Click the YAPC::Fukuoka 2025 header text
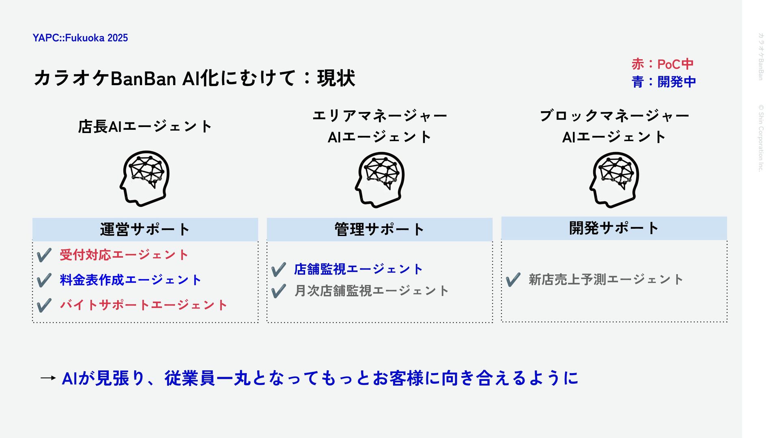(80, 38)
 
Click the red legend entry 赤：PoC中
(663, 64)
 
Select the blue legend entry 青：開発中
(664, 82)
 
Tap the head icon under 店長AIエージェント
(145, 178)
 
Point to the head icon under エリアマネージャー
(380, 180)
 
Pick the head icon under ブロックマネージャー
(614, 180)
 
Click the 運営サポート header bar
(145, 230)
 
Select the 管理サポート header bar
(380, 230)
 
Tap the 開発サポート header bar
(614, 228)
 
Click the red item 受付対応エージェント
(124, 255)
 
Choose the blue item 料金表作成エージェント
(131, 280)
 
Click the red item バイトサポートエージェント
(144, 305)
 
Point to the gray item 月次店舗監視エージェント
(372, 291)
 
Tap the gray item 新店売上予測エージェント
(606, 279)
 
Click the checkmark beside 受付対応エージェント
(44, 255)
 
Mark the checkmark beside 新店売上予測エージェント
(513, 279)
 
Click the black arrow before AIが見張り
(48, 378)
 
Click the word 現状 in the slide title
(336, 78)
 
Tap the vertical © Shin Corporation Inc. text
(761, 138)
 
